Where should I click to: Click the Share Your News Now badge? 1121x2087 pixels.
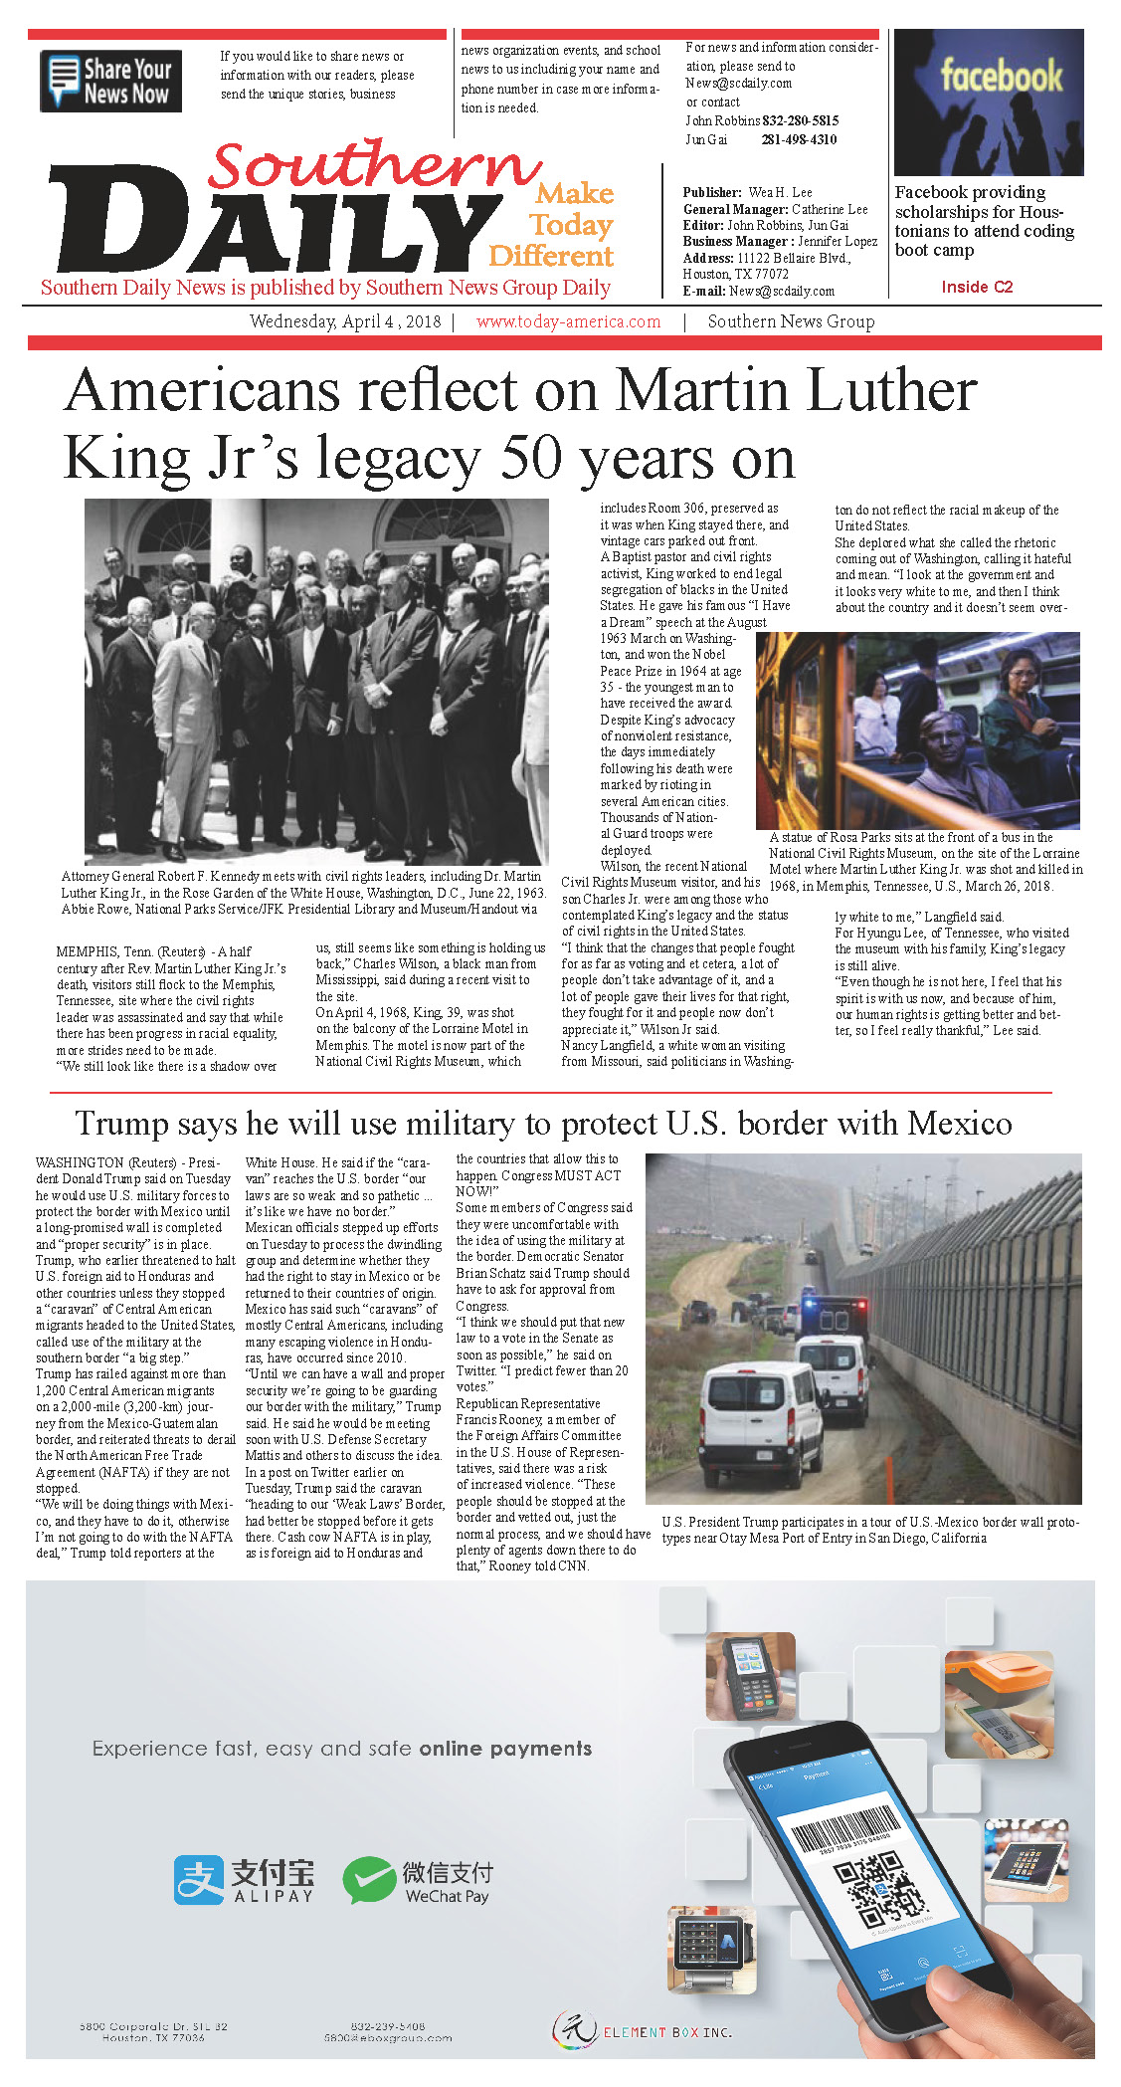[x=110, y=81]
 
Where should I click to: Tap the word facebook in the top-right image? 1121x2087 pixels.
[x=1001, y=76]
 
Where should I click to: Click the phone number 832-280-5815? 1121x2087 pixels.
[x=800, y=120]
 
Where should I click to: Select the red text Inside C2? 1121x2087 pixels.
[x=977, y=287]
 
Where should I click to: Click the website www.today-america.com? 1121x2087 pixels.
[x=568, y=321]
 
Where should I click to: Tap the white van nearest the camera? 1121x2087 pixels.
[x=761, y=1409]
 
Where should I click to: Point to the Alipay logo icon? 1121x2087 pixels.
[x=199, y=1879]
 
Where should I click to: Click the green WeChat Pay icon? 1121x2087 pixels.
[x=369, y=1880]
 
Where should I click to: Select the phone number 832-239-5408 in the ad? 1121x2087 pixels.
[x=387, y=2025]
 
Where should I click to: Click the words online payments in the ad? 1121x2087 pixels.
[x=505, y=1749]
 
